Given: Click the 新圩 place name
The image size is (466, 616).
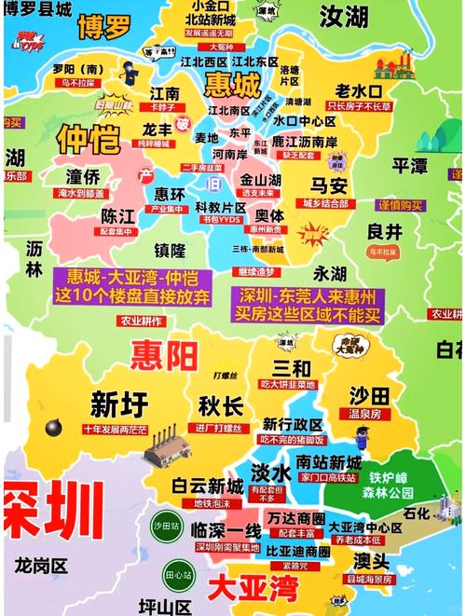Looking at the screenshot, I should pyautogui.click(x=118, y=404).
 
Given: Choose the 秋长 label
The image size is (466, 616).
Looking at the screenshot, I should pyautogui.click(x=222, y=406).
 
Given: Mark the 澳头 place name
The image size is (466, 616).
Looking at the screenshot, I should pyautogui.click(x=371, y=561).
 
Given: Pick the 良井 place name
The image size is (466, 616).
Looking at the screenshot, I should pyautogui.click(x=384, y=232).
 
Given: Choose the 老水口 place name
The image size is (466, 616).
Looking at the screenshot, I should pyautogui.click(x=359, y=90).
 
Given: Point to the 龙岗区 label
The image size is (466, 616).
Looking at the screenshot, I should pyautogui.click(x=41, y=565).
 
